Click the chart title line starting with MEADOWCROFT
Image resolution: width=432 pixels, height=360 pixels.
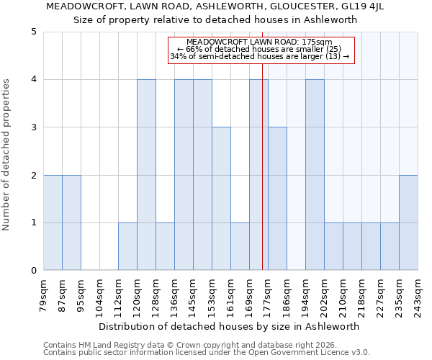click(215, 6)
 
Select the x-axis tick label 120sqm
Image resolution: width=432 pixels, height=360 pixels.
click(138, 295)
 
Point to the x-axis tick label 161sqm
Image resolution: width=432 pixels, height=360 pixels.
click(231, 295)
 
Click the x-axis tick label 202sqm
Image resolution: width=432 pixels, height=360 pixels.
click(325, 295)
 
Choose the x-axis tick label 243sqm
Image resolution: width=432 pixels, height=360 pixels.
click(418, 295)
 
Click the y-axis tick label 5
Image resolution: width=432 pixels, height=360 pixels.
click(33, 32)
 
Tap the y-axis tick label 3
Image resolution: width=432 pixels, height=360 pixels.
click(33, 127)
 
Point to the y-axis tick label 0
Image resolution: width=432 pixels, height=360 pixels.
click(33, 271)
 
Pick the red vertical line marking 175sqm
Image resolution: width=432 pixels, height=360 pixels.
click(262, 180)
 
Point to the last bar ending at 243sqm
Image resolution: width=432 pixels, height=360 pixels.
click(408, 222)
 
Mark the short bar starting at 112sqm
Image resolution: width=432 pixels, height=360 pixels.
click(127, 247)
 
